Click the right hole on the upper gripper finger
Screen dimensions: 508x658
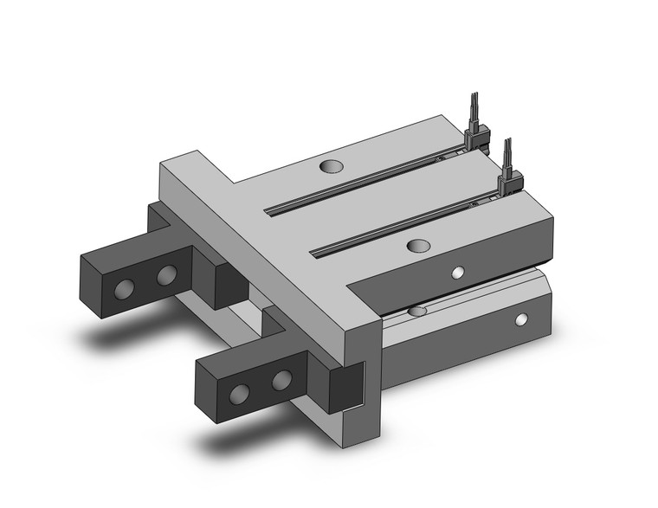coord(167,276)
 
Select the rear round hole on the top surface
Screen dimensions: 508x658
coord(331,165)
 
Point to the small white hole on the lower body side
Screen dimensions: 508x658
coord(521,320)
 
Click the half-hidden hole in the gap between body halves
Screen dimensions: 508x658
coord(417,311)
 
